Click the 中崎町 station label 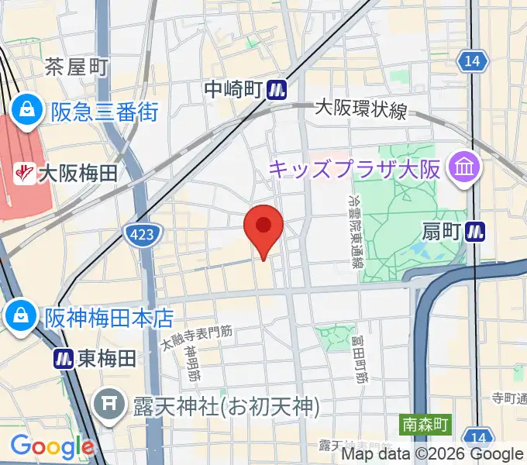click(x=233, y=91)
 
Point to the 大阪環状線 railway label click(x=360, y=111)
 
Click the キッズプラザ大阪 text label click(x=354, y=167)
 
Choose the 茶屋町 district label click(x=75, y=67)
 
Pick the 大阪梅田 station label click(x=77, y=172)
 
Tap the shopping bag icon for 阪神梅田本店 click(x=16, y=316)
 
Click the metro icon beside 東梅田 click(x=64, y=359)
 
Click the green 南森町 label click(x=425, y=425)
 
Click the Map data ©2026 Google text click(x=431, y=455)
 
